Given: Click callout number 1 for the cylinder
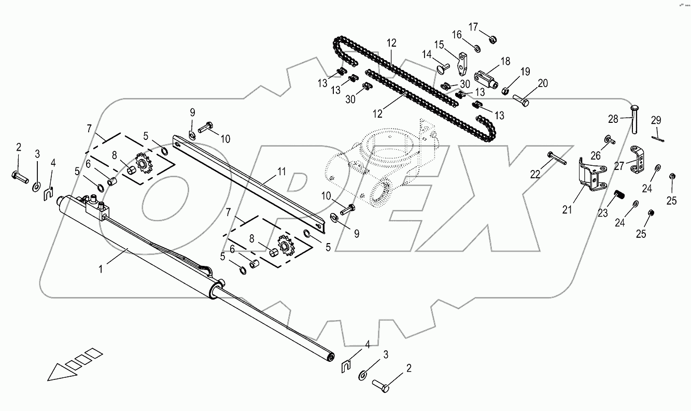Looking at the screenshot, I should [102, 269].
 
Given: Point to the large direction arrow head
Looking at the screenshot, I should [58, 372].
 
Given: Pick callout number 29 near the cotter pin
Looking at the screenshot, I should [656, 121].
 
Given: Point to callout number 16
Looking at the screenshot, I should [457, 35].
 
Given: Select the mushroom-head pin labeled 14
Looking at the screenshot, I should [442, 67].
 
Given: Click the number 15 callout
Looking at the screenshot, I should [439, 45].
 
